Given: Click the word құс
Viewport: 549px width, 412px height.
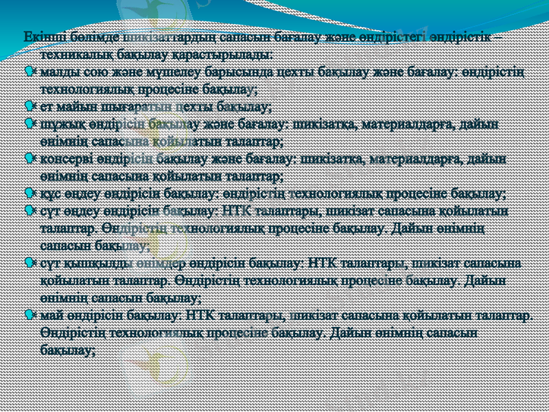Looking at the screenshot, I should click(x=50, y=194).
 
